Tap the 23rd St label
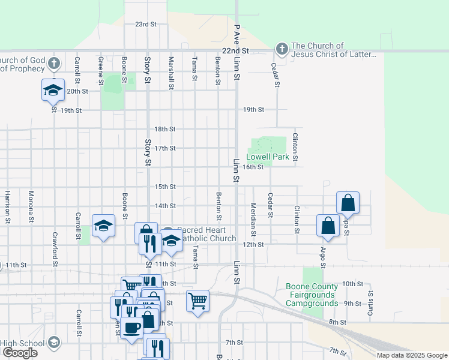[145, 25]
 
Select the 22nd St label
[234, 52]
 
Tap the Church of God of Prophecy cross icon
[54, 63]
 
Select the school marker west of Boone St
[103, 226]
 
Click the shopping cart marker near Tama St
[197, 300]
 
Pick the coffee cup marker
[131, 328]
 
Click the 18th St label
[164, 129]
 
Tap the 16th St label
[253, 167]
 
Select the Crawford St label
[55, 250]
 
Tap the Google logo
[20, 353]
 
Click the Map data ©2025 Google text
[412, 355]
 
